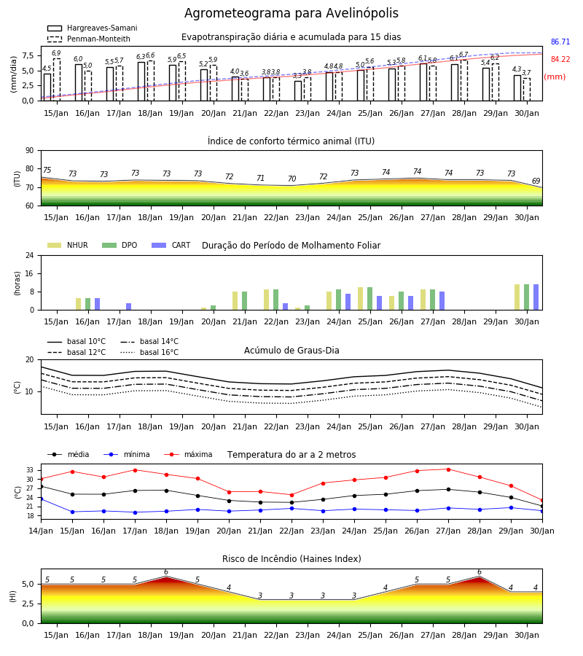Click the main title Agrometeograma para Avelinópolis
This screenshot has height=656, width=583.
(291, 13)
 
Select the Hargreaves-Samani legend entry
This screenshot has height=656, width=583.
(92, 28)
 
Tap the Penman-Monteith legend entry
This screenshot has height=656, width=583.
(89, 39)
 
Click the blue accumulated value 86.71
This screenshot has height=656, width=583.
(560, 42)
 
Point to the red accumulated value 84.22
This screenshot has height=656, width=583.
(560, 60)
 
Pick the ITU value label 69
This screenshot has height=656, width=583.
(536, 181)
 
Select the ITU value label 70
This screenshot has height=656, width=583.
(291, 179)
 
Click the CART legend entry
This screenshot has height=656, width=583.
(171, 245)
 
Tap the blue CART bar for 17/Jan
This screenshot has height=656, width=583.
(129, 307)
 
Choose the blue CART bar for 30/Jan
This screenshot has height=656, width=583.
(536, 297)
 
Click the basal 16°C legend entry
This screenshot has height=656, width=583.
(149, 352)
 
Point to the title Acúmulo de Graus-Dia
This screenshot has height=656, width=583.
(291, 351)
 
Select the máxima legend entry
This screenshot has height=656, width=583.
(188, 454)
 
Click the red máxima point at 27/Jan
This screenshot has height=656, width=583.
(448, 469)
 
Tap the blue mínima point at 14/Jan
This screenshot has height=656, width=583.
(41, 499)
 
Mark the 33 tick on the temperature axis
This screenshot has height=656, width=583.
(30, 470)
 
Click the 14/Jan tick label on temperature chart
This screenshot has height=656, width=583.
(41, 531)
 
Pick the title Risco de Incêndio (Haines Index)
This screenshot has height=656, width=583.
(291, 559)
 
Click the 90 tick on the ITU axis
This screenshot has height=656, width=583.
(30, 151)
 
